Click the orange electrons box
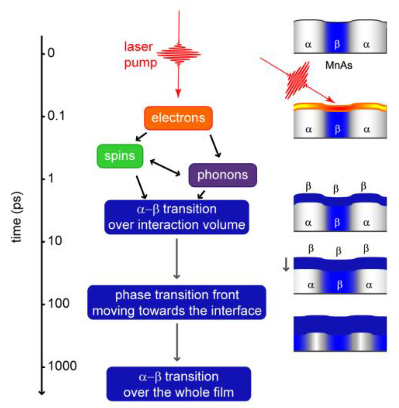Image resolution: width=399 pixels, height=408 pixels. point(178,118)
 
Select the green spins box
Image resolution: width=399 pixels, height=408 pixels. point(120,156)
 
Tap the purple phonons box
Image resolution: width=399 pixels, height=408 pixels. point(223,175)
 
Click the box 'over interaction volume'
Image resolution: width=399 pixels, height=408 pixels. point(177,217)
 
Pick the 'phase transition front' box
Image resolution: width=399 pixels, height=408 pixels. point(177,302)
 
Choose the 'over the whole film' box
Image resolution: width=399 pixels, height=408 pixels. point(178,384)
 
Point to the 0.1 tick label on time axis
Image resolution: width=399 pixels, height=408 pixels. point(56,116)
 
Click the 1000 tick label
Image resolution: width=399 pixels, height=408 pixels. point(62,366)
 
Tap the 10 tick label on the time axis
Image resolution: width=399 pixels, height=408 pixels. point(55,241)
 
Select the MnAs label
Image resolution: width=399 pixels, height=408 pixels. point(339,65)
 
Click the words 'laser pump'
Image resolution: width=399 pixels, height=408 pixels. point(140,55)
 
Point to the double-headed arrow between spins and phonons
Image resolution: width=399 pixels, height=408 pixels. point(165,168)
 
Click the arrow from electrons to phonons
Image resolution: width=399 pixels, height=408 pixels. point(215,146)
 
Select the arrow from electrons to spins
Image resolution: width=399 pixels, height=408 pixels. point(141,137)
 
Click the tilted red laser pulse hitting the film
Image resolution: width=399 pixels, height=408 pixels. point(298,80)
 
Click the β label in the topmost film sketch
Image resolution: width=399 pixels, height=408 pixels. point(337,44)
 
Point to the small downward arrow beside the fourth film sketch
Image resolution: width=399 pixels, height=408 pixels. point(286,265)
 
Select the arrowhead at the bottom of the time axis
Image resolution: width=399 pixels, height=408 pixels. point(42,392)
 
